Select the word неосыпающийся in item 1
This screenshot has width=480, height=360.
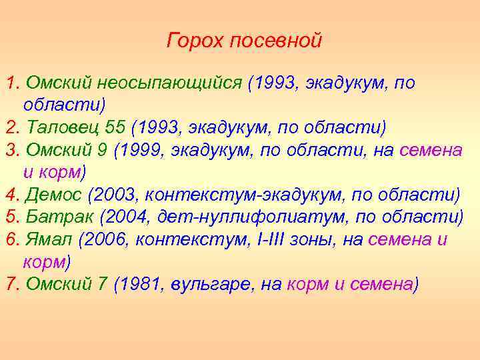coord(169,83)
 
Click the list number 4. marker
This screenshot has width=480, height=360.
coord(11,195)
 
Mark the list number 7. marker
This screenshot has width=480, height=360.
coord(11,285)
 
